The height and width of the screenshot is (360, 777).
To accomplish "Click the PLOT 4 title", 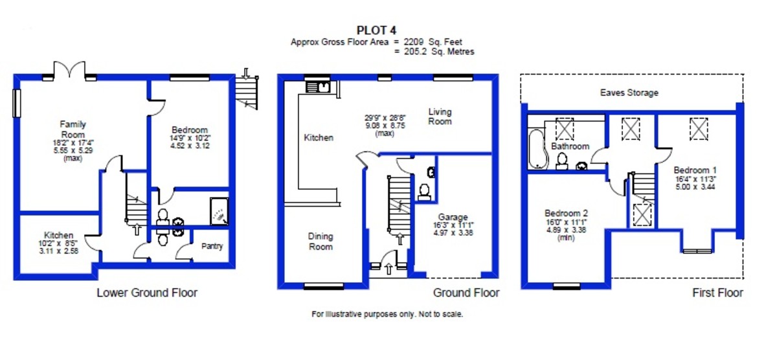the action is click(x=376, y=30).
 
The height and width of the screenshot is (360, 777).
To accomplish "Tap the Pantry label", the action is click(x=212, y=246).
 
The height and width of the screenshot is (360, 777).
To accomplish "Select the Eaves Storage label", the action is click(x=629, y=93).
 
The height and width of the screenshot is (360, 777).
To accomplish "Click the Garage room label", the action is click(x=453, y=217).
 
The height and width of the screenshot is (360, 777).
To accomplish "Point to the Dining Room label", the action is click(x=321, y=242).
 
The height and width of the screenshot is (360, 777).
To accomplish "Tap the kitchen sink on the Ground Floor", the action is click(x=317, y=87).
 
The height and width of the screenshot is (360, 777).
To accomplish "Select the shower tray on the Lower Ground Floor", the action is click(x=220, y=211).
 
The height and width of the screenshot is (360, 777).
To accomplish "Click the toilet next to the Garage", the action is click(x=425, y=192).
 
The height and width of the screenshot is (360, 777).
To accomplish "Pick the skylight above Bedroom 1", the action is click(x=699, y=129).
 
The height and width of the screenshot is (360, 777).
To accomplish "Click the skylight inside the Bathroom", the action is click(x=565, y=129).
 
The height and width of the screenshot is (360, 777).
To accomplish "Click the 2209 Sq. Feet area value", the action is click(x=433, y=42).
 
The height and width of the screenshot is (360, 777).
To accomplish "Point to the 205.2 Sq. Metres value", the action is click(x=439, y=52).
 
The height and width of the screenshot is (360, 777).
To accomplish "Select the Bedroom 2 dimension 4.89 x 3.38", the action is click(x=566, y=230).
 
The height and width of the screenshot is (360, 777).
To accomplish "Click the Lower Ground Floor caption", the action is click(x=147, y=293).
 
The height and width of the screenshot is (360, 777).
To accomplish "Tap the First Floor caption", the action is click(x=717, y=293).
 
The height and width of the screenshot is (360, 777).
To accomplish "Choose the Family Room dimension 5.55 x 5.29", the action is click(x=73, y=150).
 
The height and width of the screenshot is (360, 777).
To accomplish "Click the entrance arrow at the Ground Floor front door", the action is click(x=389, y=269).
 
